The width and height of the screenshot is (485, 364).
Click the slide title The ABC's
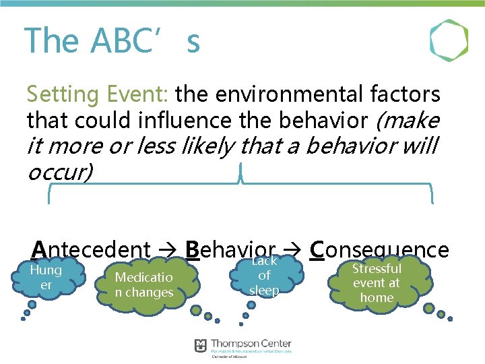click(x=112, y=40)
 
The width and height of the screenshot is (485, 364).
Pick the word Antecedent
click(x=91, y=249)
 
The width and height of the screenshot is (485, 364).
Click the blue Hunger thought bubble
click(x=46, y=278)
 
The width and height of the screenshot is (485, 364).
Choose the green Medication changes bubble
click(x=144, y=285)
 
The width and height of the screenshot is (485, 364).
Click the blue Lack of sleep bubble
click(x=264, y=276)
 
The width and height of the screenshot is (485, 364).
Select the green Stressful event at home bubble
click(x=377, y=282)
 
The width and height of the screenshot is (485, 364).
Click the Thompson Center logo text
click(x=251, y=344)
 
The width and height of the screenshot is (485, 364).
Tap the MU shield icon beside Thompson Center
click(x=200, y=345)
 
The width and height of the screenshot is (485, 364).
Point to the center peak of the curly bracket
click(x=240, y=177)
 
